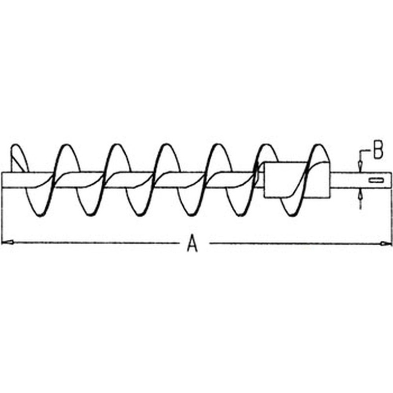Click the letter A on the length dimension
pos(193,243)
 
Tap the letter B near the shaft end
pos(378,150)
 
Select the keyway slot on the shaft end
pos(376,180)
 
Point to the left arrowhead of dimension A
pos(7,242)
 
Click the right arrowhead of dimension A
pos(386,243)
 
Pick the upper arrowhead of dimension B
pos(360,167)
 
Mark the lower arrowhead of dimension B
pos(360,194)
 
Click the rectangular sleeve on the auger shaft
pos(297,179)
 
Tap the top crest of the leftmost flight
pos(16,145)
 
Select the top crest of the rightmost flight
pos(318,145)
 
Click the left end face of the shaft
pos(2,179)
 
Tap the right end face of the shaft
pos(391,179)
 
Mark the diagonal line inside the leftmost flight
pos(18,163)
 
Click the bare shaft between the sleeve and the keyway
pos(349,179)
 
